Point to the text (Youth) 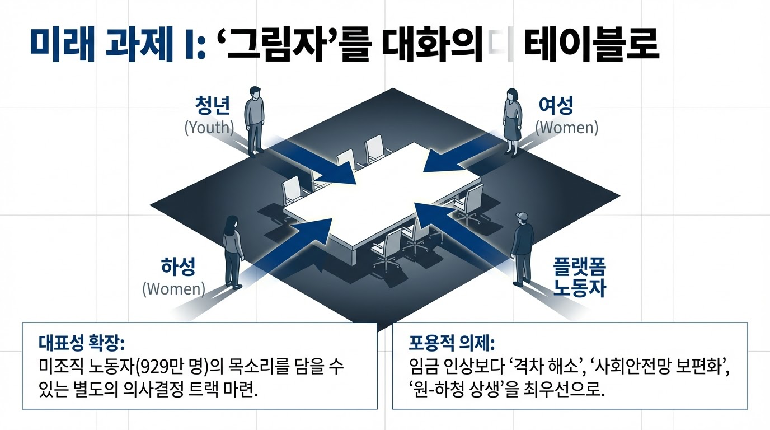point(208,128)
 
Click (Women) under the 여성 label point(566,128)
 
